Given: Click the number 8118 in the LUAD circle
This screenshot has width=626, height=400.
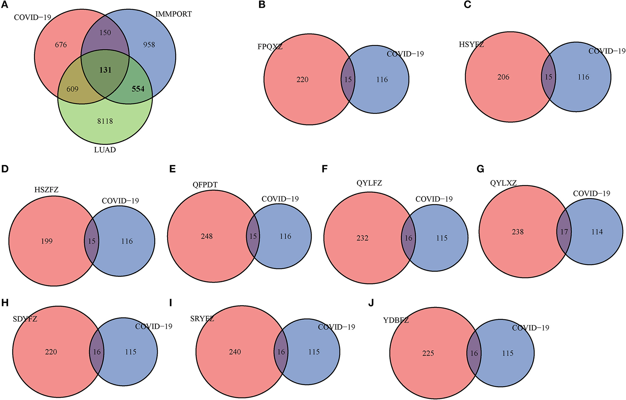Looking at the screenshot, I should pyautogui.click(x=105, y=121).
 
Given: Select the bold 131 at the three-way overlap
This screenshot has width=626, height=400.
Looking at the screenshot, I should pyautogui.click(x=105, y=70).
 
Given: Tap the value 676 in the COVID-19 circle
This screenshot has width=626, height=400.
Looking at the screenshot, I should pyautogui.click(x=61, y=45).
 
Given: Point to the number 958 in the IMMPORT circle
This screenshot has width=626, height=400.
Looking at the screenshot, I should pyautogui.click(x=149, y=45).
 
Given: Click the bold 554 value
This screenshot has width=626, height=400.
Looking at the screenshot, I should pyautogui.click(x=138, y=89).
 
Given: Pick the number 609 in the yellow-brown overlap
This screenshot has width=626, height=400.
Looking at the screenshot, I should pyautogui.click(x=72, y=89).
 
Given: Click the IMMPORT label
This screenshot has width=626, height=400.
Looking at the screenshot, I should pyautogui.click(x=173, y=14).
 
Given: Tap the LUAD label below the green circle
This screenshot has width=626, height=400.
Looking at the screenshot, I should pyautogui.click(x=105, y=150).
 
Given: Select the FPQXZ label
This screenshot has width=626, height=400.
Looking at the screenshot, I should pyautogui.click(x=270, y=47).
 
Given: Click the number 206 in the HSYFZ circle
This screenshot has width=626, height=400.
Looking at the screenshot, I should pyautogui.click(x=503, y=77).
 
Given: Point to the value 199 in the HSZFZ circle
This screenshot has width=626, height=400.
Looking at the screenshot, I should pyautogui.click(x=47, y=241).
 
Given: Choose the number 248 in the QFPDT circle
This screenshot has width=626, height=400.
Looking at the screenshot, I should pyautogui.click(x=207, y=236).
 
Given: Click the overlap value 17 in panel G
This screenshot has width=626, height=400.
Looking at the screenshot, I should pyautogui.click(x=564, y=232).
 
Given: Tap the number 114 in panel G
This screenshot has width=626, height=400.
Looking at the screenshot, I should pyautogui.click(x=597, y=232).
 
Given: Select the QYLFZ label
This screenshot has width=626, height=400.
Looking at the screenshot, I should pyautogui.click(x=369, y=183).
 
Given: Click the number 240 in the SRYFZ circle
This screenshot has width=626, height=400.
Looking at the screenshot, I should pyautogui.click(x=235, y=352).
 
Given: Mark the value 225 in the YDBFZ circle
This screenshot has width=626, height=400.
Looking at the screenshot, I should pyautogui.click(x=428, y=353).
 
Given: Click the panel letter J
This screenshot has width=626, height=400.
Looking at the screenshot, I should pyautogui.click(x=371, y=303).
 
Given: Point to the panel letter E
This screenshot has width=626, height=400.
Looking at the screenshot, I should pyautogui.click(x=172, y=169).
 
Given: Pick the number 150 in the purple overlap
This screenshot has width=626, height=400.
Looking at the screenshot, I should pyautogui.click(x=105, y=33).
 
